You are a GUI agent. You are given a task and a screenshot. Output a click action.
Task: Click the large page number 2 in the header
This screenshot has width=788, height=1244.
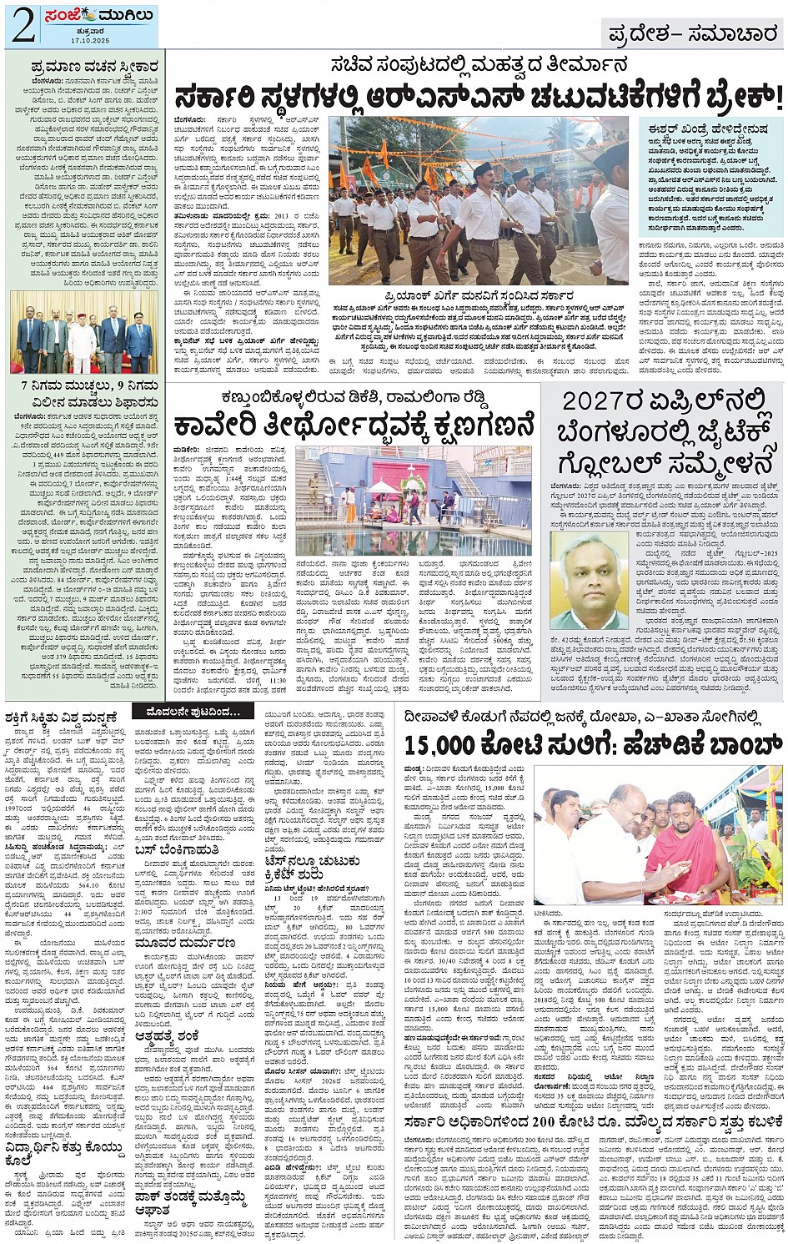[x=22, y=26]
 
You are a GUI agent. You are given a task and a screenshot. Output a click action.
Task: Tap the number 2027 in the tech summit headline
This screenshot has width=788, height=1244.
[x=598, y=400]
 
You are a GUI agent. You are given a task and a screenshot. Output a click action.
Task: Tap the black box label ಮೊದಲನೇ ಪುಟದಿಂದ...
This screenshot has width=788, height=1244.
[x=193, y=712]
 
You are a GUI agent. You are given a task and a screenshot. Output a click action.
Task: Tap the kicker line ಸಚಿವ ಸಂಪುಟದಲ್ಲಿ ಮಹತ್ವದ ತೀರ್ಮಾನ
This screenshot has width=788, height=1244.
[x=476, y=64]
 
